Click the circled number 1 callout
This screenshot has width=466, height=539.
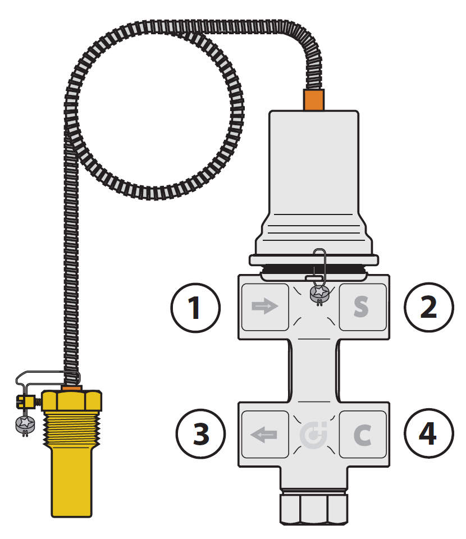(195, 307)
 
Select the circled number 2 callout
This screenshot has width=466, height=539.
(429, 307)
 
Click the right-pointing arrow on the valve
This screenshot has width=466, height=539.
(265, 307)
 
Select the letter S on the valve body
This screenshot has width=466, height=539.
(361, 307)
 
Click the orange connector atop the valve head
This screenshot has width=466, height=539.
(313, 99)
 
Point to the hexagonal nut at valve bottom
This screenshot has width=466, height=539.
(313, 509)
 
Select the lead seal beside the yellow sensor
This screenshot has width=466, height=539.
(24, 425)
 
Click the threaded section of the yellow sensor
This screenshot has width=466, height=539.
(71, 430)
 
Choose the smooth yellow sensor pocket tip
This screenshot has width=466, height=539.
(71, 483)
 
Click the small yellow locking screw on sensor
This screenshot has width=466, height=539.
(24, 401)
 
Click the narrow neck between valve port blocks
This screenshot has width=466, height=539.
(314, 371)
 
